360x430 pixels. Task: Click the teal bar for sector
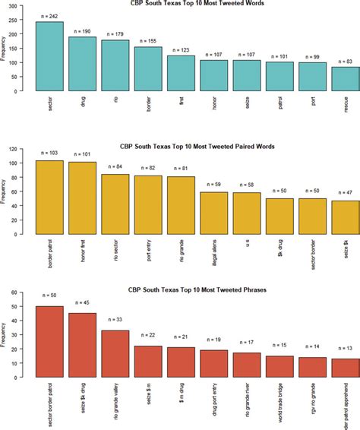pyautogui.click(x=49, y=56)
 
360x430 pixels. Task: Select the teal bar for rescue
pyautogui.click(x=346, y=78)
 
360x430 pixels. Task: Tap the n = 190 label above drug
pyautogui.click(x=82, y=31)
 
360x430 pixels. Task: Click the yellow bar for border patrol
pyautogui.click(x=49, y=197)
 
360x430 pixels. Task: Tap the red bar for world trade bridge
pyautogui.click(x=279, y=366)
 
